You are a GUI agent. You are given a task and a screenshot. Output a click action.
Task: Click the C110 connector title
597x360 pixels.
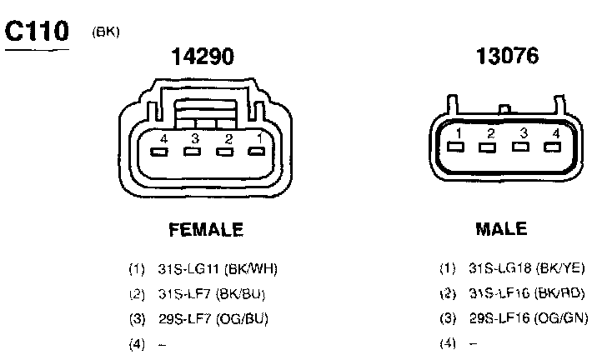click(37, 31)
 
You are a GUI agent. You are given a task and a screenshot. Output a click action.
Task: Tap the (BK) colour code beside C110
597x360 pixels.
click(106, 32)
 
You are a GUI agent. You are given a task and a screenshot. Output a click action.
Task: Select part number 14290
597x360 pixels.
click(203, 57)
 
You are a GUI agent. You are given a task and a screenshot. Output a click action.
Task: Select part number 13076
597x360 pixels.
click(507, 56)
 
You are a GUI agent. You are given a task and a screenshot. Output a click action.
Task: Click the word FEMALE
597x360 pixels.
click(206, 230)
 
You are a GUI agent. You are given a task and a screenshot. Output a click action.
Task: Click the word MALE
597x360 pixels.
click(501, 229)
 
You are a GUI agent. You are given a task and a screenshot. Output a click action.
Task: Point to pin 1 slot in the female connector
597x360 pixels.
click(256, 152)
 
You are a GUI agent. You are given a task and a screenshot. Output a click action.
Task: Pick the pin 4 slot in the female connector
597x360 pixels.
click(159, 152)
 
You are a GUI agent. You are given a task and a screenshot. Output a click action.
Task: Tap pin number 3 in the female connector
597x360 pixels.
click(195, 138)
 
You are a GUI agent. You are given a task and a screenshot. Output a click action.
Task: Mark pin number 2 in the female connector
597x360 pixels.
click(228, 139)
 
